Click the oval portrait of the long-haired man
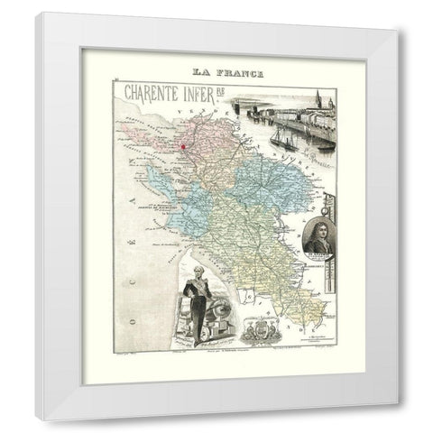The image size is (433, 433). pyautogui.click(x=319, y=239)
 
